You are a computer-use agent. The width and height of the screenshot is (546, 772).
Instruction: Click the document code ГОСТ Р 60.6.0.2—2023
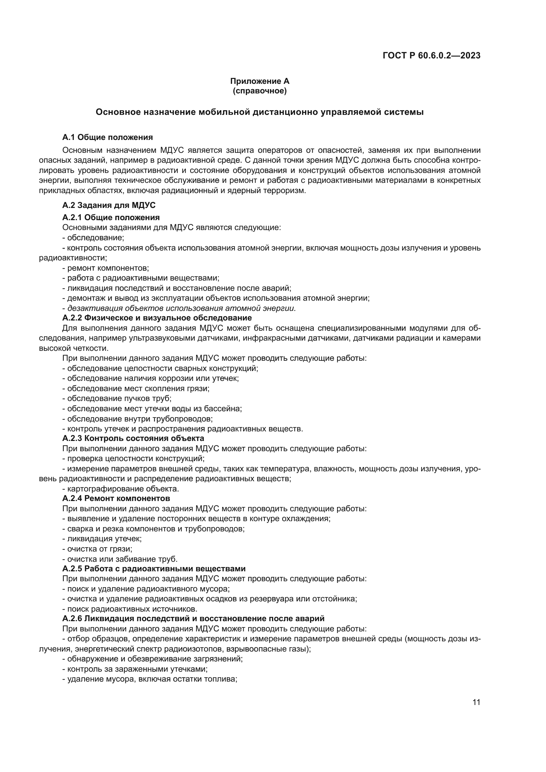click(431, 56)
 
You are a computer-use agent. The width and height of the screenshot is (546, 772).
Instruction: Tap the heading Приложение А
click(259, 81)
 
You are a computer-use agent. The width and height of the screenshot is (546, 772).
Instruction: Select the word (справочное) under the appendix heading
click(259, 91)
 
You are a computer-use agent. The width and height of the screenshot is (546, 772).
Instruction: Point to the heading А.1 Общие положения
click(108, 137)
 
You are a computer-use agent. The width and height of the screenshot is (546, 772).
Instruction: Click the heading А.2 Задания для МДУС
click(109, 205)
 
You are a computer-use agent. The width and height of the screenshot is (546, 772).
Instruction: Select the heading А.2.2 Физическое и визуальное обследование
click(157, 318)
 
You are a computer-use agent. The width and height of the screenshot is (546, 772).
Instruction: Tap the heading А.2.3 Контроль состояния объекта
click(133, 438)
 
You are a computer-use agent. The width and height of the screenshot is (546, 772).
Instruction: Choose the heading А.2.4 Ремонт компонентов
click(116, 498)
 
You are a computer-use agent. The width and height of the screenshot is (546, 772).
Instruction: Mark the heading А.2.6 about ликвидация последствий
click(193, 618)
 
